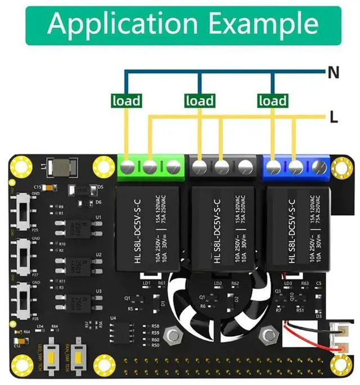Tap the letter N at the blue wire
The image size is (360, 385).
[x=333, y=71]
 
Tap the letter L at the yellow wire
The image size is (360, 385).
[x=334, y=117]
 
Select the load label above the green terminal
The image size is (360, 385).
[x=126, y=101]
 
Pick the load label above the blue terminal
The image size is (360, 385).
[x=272, y=101]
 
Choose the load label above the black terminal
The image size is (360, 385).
[x=199, y=101]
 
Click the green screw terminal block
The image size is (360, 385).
[x=150, y=167]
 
